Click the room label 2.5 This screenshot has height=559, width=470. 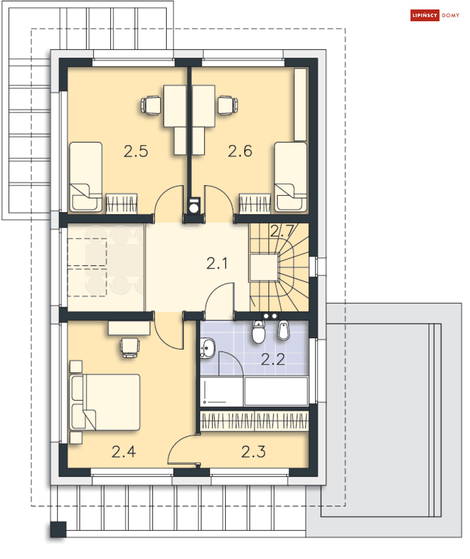tap(136, 151)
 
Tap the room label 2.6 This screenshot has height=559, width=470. tap(240, 151)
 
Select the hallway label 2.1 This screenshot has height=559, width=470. tap(217, 264)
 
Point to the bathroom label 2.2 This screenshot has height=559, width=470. tap(273, 359)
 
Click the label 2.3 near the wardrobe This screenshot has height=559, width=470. tap(253, 452)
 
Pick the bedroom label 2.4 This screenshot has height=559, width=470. tap(124, 452)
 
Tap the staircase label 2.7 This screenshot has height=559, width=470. tap(282, 231)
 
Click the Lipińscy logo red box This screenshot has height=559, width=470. tap(424, 15)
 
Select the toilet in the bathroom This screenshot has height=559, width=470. tap(258, 332)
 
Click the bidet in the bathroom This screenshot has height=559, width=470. tap(283, 330)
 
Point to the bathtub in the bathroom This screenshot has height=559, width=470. tap(276, 391)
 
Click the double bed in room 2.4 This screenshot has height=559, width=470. tap(105, 402)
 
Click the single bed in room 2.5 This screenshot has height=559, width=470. tap(85, 177)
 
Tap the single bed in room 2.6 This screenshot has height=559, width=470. tap(291, 177)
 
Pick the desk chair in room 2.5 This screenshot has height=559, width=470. tap(151, 105)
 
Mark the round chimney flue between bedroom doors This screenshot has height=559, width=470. tap(194, 208)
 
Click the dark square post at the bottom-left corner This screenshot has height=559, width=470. tap(58, 529)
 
